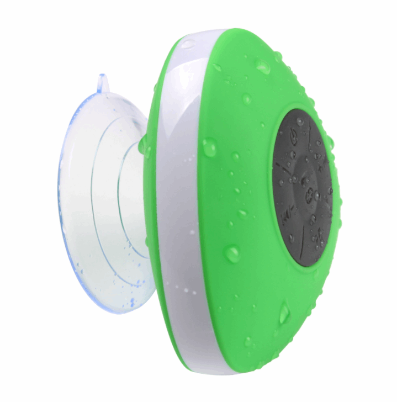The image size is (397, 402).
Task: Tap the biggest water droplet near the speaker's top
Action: click(262, 68)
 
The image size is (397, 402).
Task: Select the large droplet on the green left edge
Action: click(209, 147)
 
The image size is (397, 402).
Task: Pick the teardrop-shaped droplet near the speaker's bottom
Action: click(283, 314)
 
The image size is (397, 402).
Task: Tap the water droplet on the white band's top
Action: click(187, 43)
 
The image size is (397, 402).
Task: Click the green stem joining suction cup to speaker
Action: click(145, 146)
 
